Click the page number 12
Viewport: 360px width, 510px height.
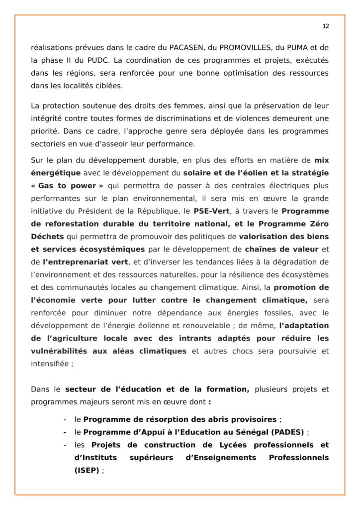(x=326, y=26)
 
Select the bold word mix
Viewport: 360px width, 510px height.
(x=321, y=160)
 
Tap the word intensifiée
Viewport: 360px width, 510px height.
(x=50, y=364)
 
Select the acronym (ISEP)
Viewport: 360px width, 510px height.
(x=87, y=470)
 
